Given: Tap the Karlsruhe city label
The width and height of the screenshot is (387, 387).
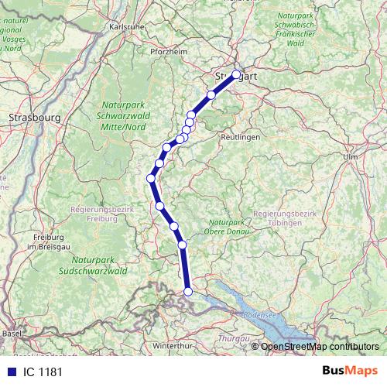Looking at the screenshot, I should pos(128,26).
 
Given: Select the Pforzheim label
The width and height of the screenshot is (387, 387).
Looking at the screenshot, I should pos(168,51).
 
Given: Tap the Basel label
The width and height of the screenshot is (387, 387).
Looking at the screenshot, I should pos(12,333).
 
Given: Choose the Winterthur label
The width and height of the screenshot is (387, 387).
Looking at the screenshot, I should pos(173,345).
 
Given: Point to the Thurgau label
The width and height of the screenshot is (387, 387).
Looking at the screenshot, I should pos(231,338).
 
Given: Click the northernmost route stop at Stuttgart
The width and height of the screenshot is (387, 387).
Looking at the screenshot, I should pos(237,75).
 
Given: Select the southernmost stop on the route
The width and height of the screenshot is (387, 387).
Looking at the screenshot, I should pos(188,292).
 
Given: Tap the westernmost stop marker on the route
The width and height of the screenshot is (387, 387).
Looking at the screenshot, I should pos(152,179).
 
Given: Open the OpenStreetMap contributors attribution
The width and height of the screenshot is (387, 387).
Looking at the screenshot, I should pos(320,346).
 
